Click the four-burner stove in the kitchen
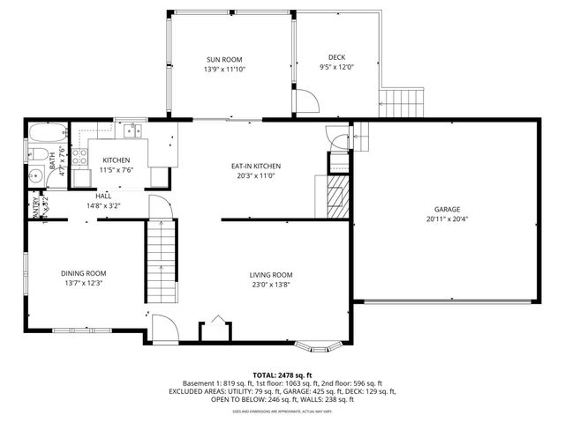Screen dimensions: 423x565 (79, 158)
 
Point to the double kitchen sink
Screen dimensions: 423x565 (132, 131)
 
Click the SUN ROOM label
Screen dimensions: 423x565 (224, 60)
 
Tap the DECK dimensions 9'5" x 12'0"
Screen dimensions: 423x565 (335, 67)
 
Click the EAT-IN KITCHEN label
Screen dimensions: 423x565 (256, 166)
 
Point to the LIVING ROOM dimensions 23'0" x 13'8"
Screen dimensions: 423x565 (270, 285)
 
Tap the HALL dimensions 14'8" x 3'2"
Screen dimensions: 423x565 (103, 205)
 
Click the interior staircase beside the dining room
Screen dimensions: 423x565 (161, 262)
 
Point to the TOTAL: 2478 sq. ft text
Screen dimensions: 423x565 (282, 375)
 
